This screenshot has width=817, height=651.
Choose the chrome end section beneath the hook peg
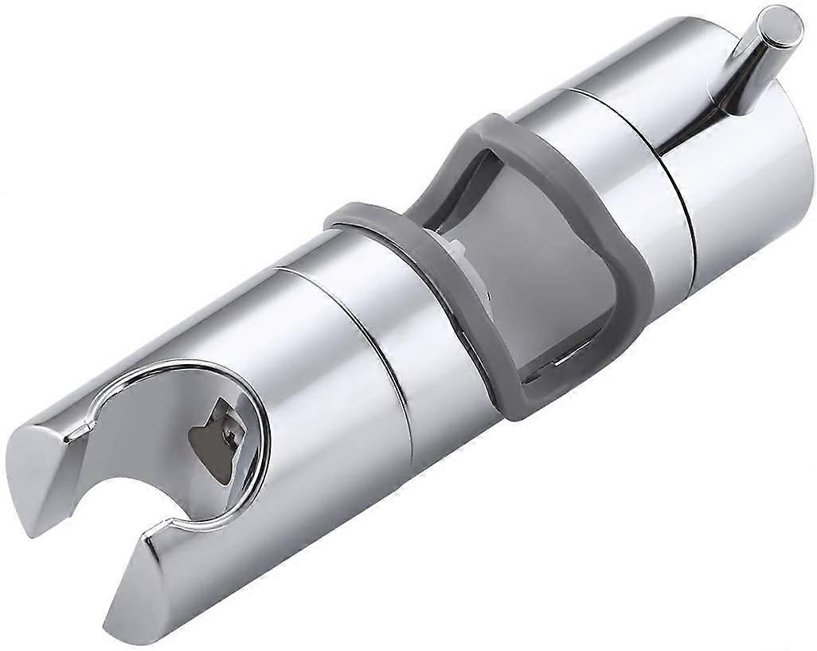[x=733, y=183]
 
